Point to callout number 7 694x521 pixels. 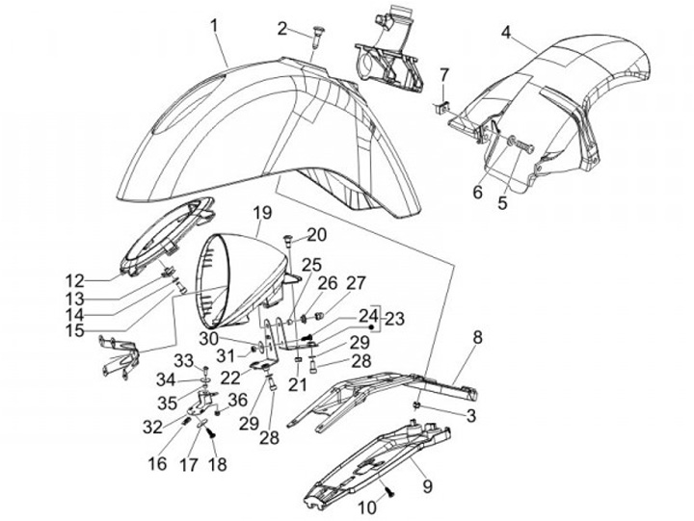pyautogui.click(x=444, y=74)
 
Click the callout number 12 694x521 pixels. pyautogui.click(x=101, y=280)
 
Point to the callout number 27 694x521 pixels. pyautogui.click(x=356, y=283)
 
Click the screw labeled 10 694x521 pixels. pyautogui.click(x=389, y=492)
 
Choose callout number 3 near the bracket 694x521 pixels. pyautogui.click(x=471, y=415)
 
